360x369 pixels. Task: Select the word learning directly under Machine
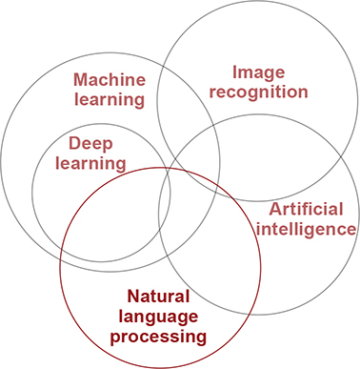tap(110, 98)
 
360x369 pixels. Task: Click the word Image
tap(259, 72)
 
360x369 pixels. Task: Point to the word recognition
tap(259, 92)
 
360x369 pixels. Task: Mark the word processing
tap(158, 336)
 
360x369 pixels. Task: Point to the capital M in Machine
tap(82, 79)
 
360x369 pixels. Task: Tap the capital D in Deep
tap(75, 143)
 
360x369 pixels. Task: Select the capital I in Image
tap(235, 72)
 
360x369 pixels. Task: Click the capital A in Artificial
tap(275, 209)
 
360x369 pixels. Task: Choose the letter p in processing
tap(116, 338)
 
